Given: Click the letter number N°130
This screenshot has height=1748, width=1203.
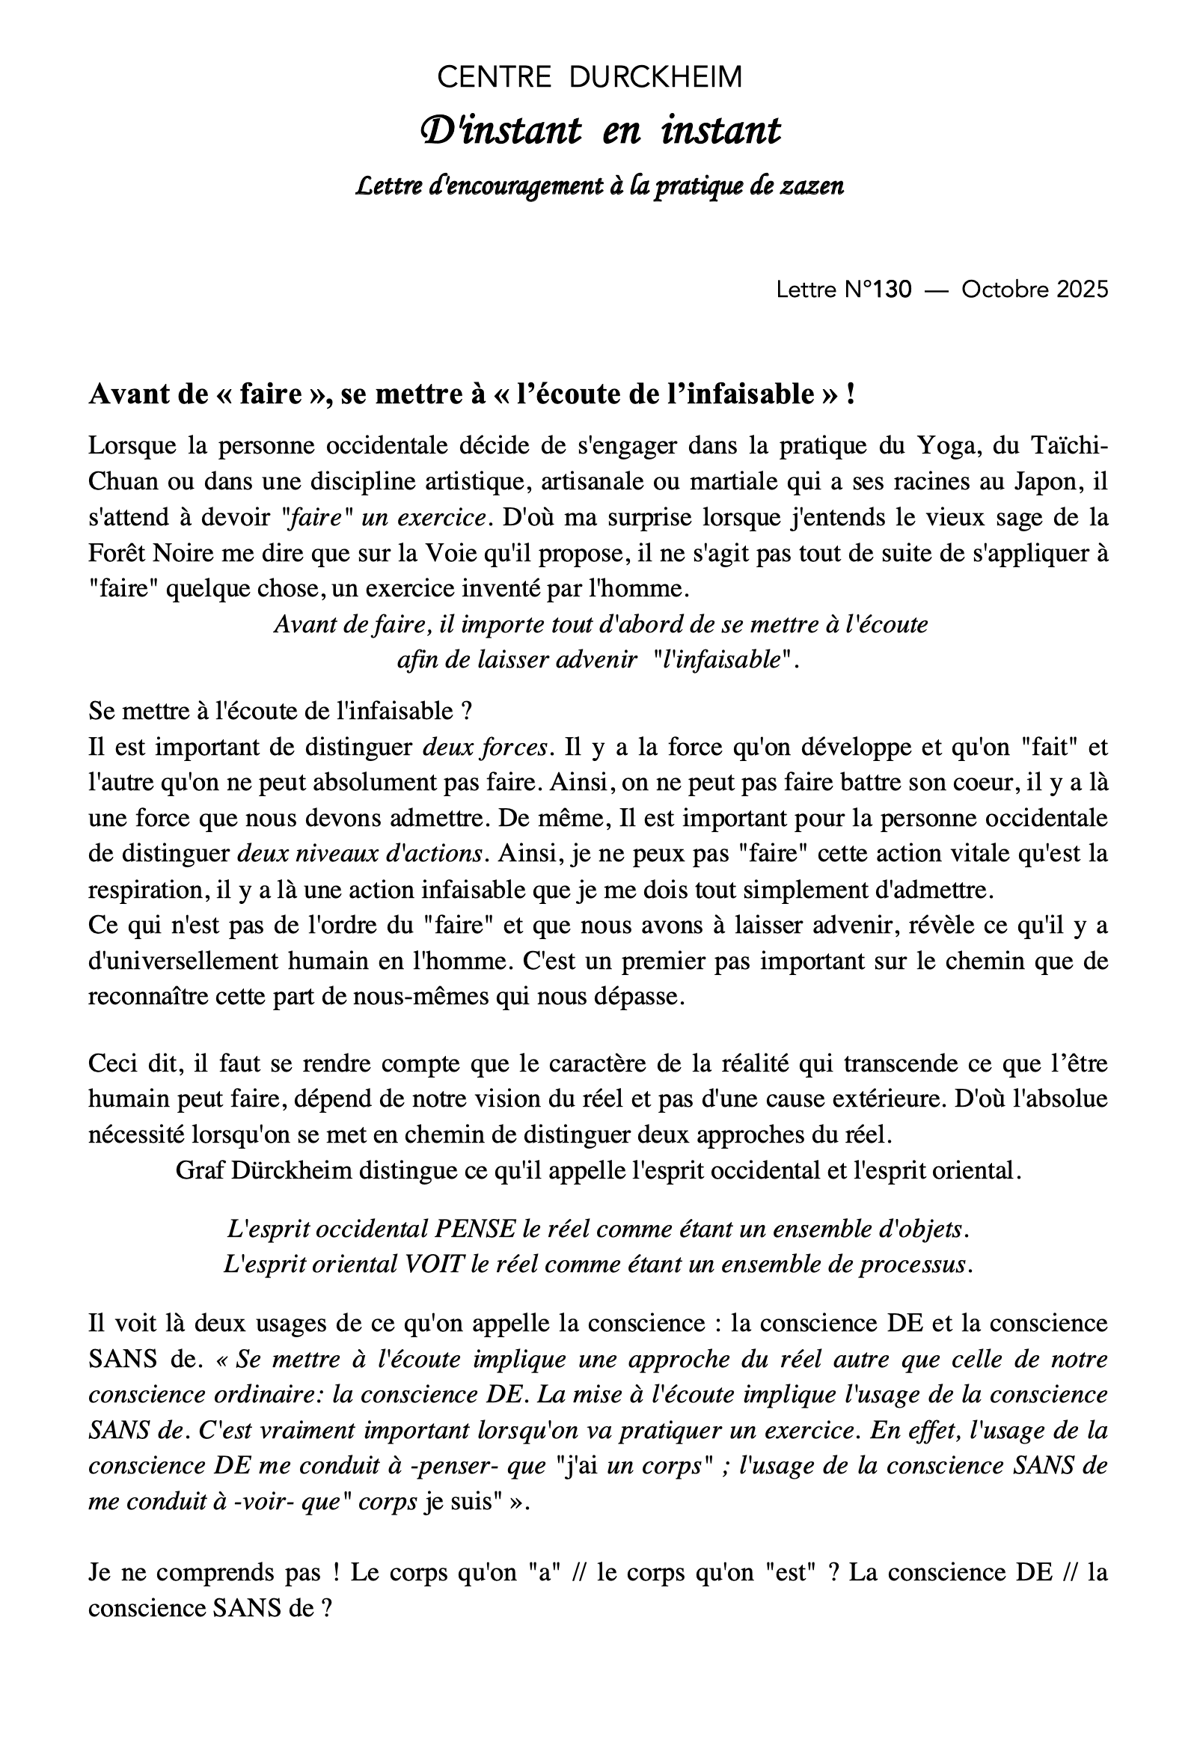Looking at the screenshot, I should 878,290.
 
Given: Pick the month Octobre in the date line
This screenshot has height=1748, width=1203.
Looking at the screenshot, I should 1006,290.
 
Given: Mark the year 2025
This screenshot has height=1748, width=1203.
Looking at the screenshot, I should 1083,290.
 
